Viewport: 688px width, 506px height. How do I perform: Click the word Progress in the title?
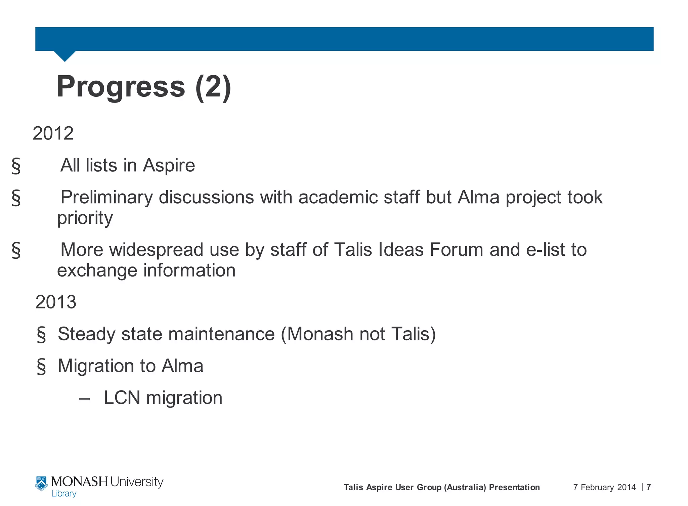(x=121, y=87)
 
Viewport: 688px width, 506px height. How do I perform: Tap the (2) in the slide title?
(x=213, y=87)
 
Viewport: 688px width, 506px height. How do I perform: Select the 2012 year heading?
(x=53, y=133)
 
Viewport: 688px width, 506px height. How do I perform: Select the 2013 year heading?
(x=56, y=302)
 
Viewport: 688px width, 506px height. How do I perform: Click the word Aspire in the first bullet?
(x=169, y=165)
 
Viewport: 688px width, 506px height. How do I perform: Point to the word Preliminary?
(x=106, y=197)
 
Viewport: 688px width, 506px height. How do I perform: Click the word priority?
(x=85, y=218)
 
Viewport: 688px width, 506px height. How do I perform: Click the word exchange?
(x=97, y=270)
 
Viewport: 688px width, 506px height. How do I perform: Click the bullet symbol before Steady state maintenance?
(x=41, y=335)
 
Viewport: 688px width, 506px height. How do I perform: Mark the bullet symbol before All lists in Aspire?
(x=16, y=166)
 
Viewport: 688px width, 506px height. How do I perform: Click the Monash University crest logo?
(x=41, y=483)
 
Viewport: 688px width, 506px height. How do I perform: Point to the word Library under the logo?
(x=64, y=494)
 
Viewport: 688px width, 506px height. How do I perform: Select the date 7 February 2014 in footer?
(x=604, y=487)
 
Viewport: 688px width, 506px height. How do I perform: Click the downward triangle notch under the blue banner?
(x=65, y=56)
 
